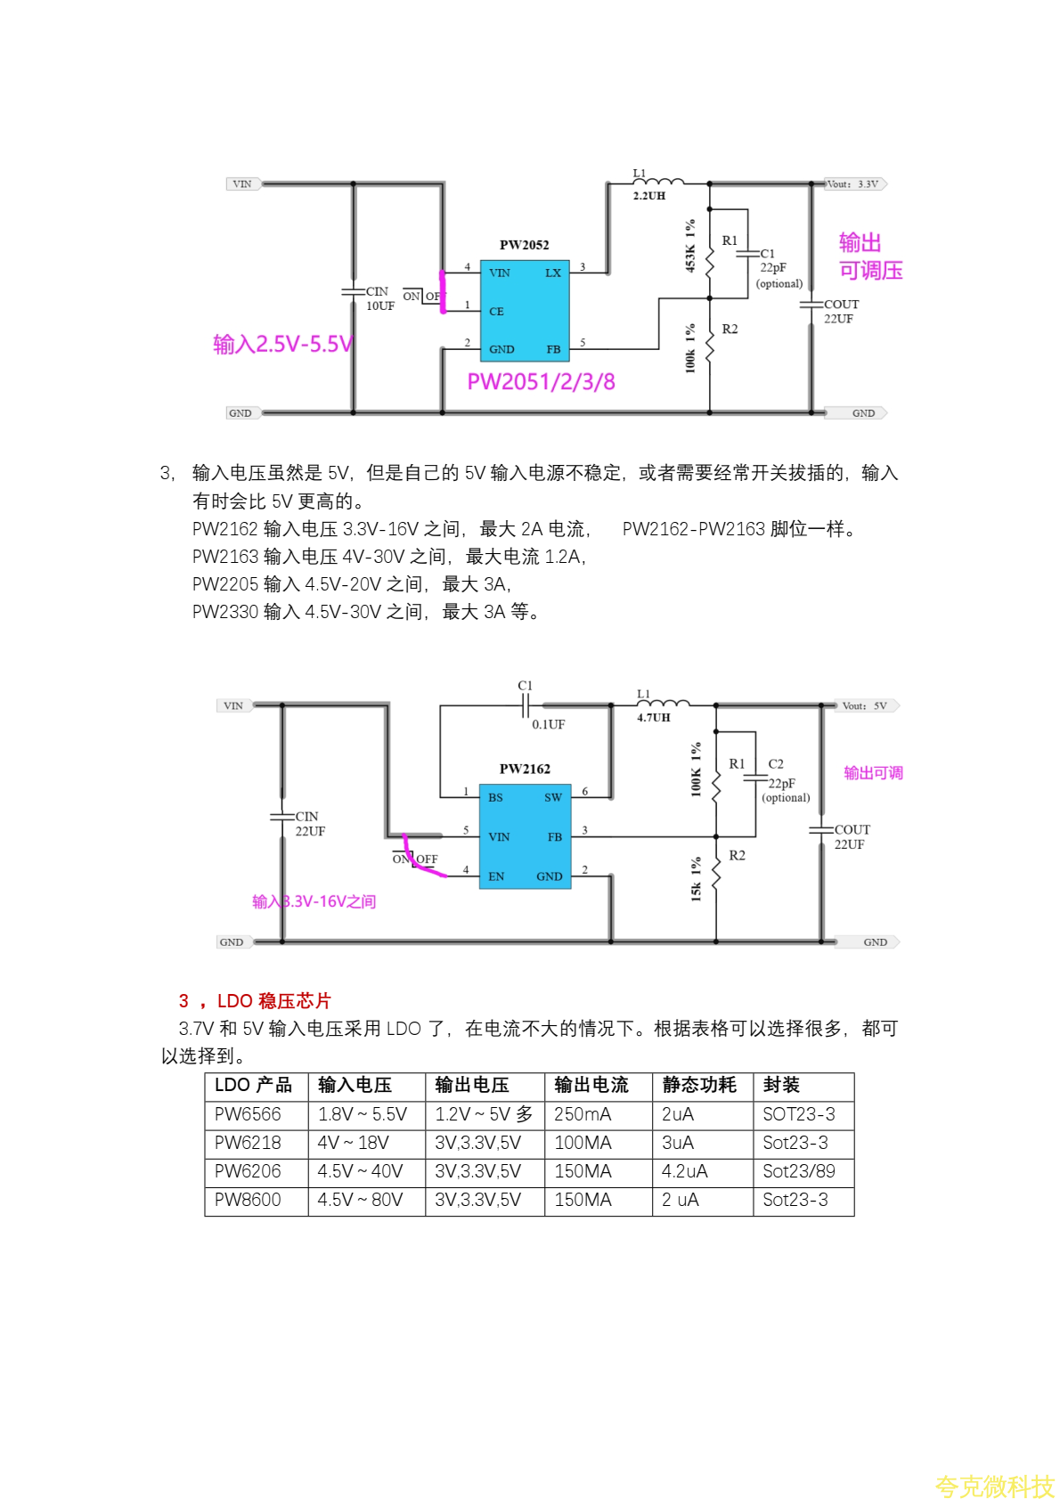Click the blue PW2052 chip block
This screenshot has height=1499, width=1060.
[525, 311]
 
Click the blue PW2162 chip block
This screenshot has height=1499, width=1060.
[525, 836]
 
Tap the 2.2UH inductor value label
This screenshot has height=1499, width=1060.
[649, 196]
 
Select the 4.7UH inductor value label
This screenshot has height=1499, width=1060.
[653, 718]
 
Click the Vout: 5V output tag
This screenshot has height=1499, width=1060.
[866, 706]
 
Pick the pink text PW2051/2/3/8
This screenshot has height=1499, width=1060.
[541, 382]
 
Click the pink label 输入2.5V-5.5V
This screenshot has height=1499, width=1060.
[282, 345]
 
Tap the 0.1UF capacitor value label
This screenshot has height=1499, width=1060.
[549, 725]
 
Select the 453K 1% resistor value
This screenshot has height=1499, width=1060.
[690, 246]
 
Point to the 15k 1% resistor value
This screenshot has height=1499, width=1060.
[696, 879]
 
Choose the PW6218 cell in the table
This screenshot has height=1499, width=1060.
[249, 1143]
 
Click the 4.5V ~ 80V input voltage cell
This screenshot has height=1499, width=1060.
[360, 1200]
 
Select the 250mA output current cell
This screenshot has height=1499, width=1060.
[583, 1114]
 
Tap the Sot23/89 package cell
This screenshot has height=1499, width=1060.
[799, 1171]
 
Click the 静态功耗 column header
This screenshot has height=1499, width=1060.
[699, 1085]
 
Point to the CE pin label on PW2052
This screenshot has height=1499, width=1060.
[496, 312]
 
